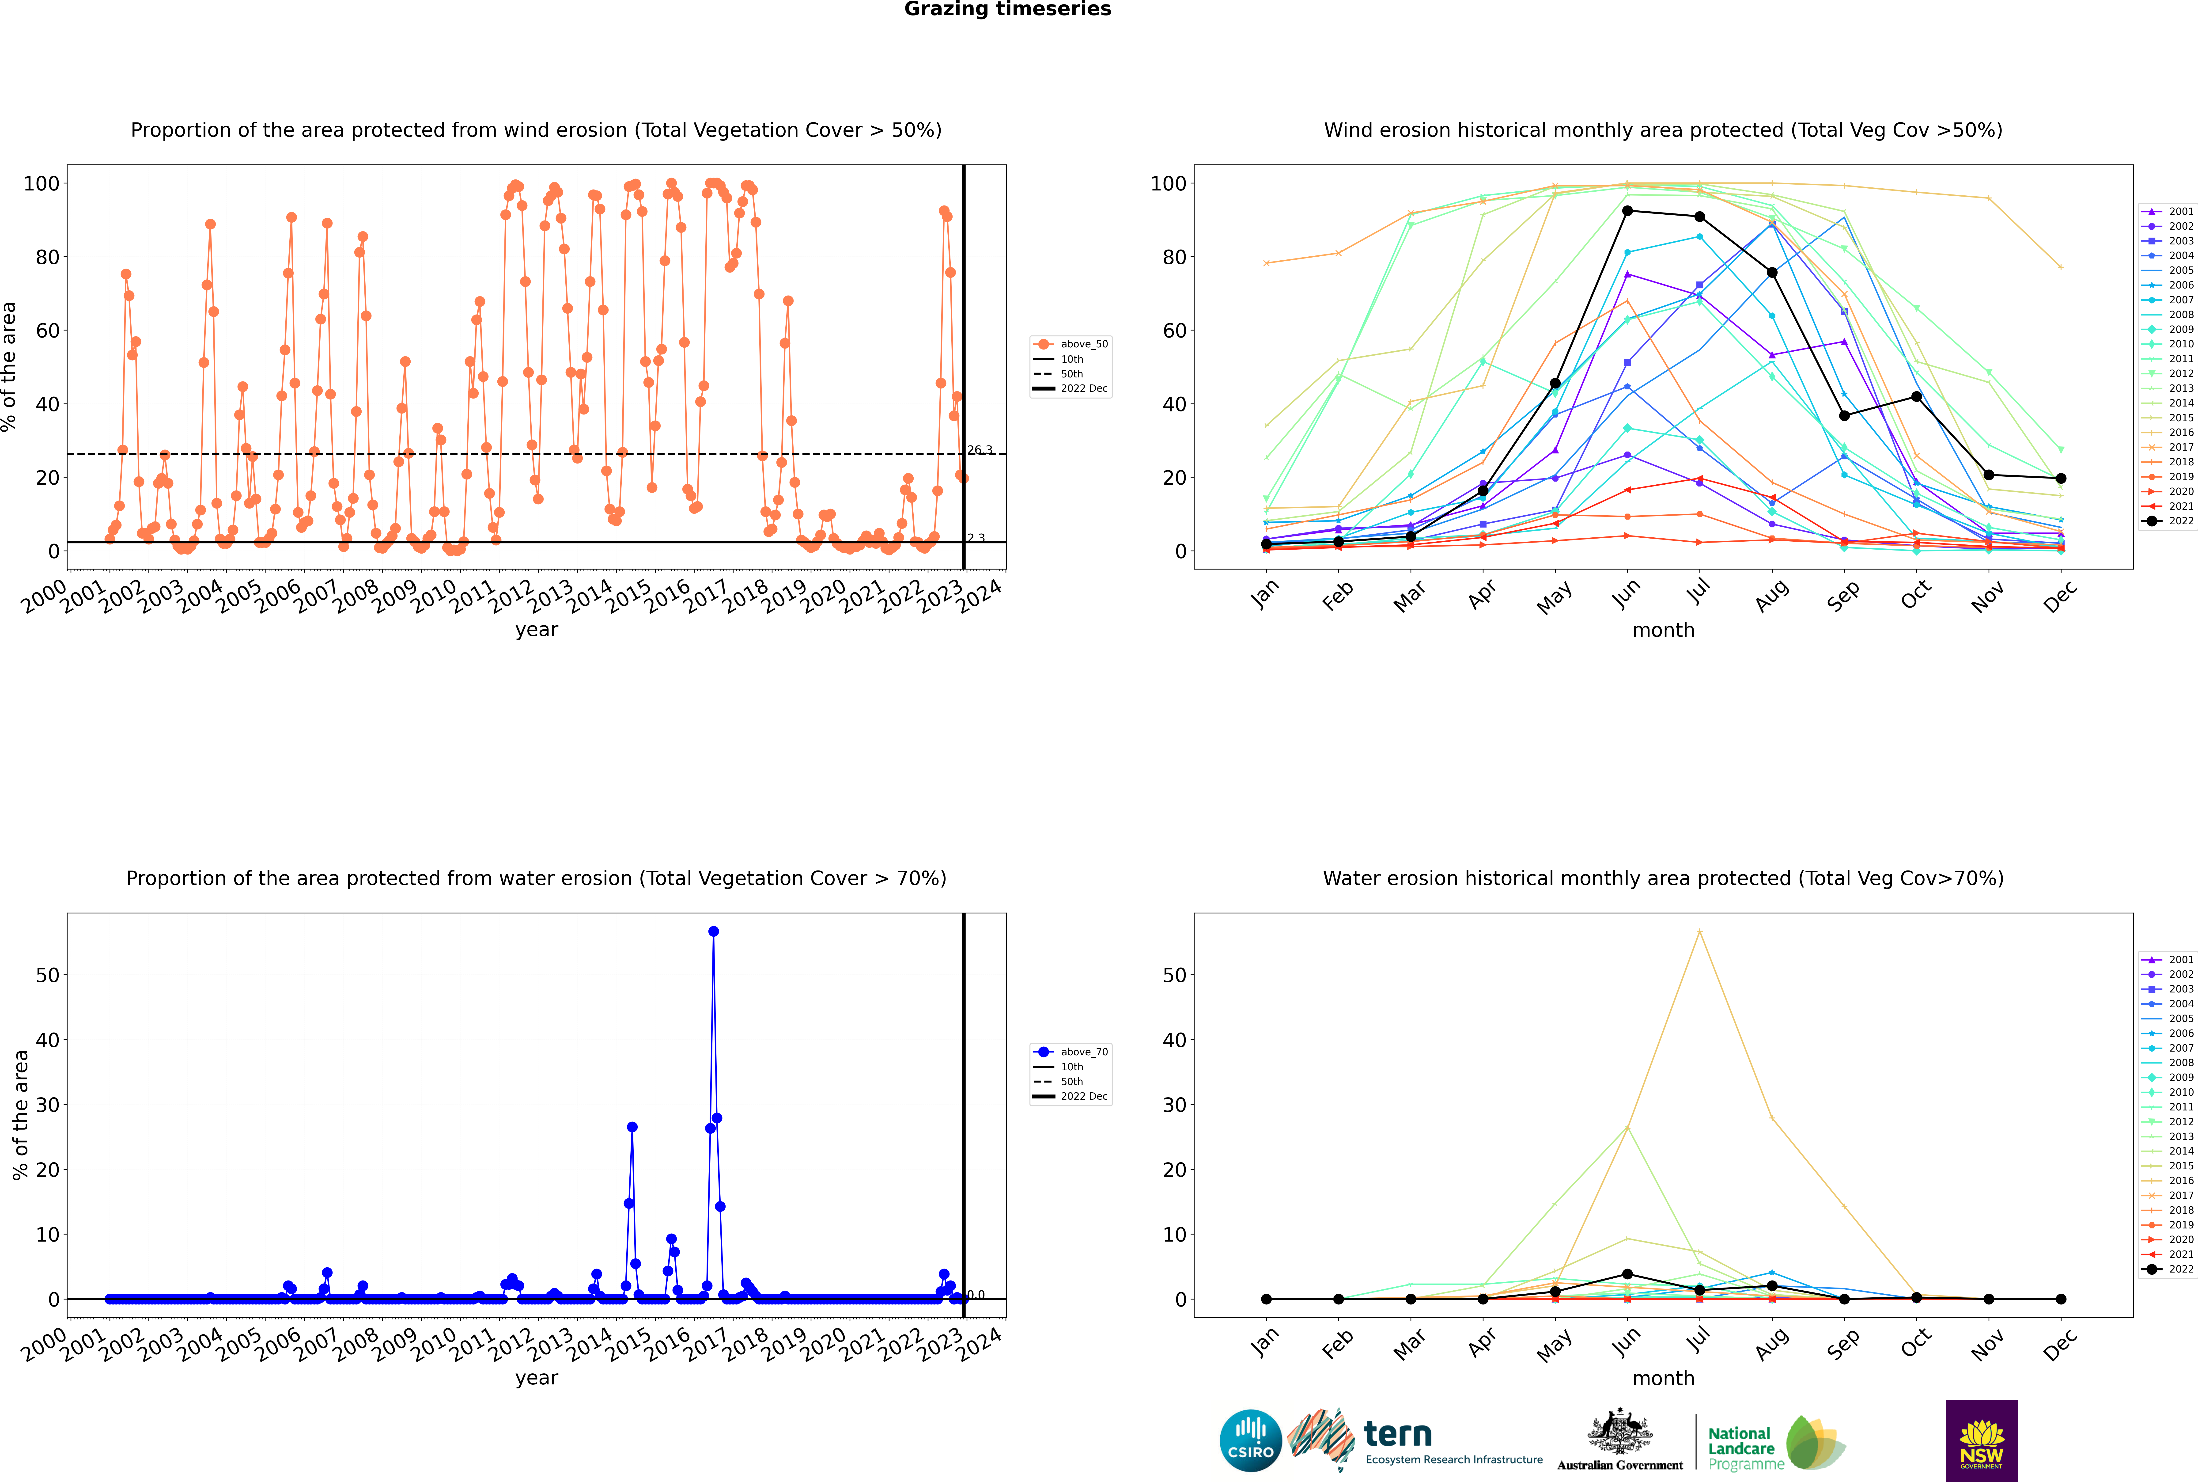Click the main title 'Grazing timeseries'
tap(1007, 9)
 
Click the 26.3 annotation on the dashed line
tap(980, 450)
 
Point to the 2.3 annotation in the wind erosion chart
tap(975, 538)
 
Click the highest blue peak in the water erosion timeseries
tap(713, 931)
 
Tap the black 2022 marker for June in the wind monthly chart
tap(1627, 211)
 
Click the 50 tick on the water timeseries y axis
tap(47, 974)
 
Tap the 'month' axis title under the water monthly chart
tap(1663, 1378)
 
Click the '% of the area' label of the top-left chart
tap(9, 367)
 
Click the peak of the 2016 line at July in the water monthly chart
tap(1699, 931)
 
